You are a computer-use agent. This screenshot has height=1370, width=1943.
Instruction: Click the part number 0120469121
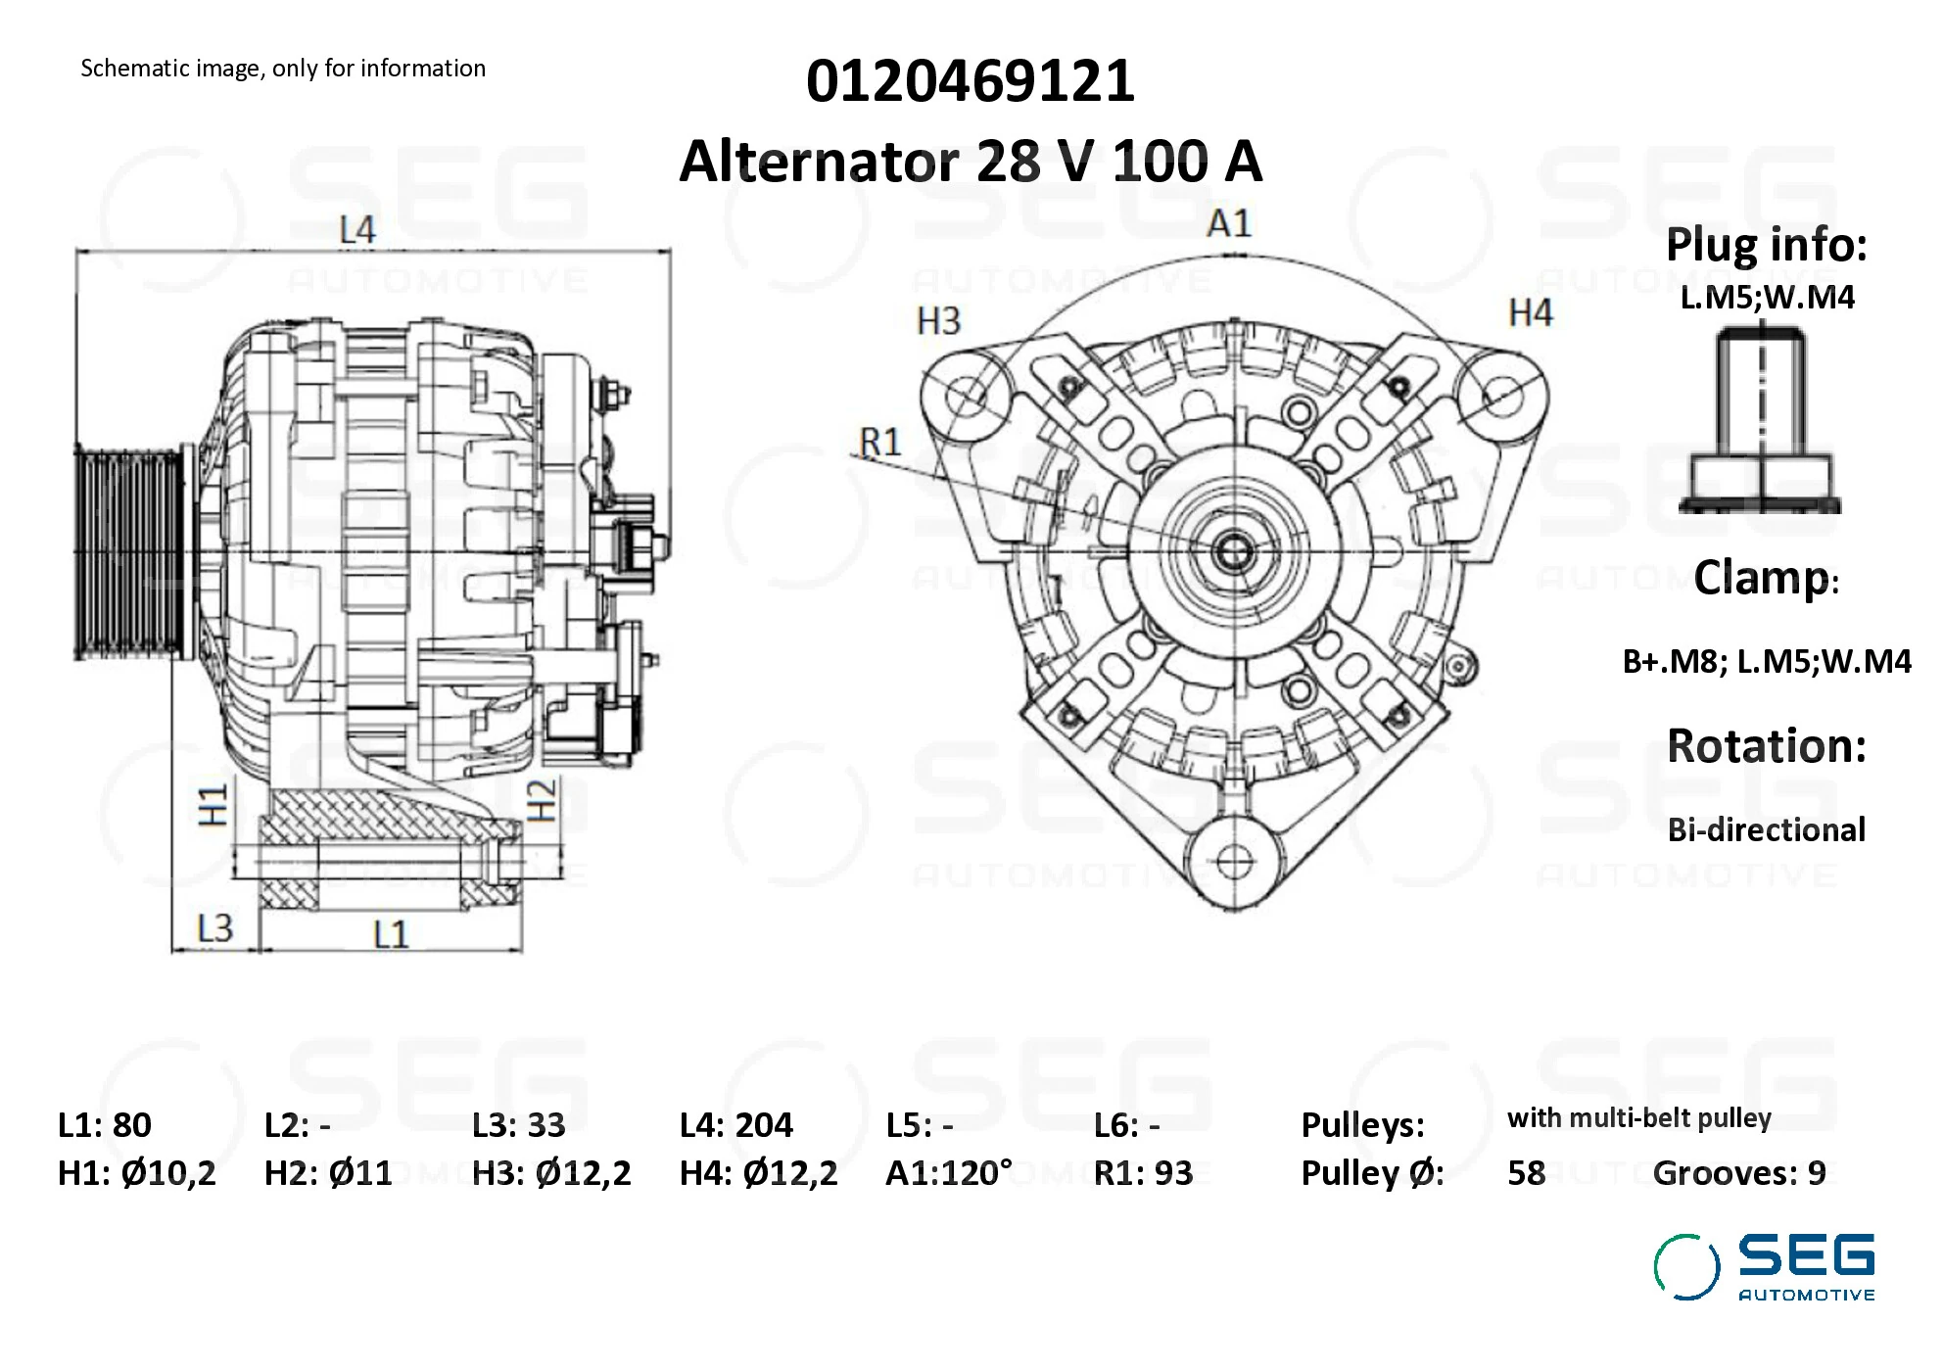pyautogui.click(x=970, y=80)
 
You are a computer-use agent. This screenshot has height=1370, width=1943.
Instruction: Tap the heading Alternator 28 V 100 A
pyautogui.click(x=970, y=162)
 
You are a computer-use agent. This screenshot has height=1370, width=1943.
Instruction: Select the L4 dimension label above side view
pyautogui.click(x=356, y=230)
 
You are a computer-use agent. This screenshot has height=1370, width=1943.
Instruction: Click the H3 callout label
pyautogui.click(x=938, y=321)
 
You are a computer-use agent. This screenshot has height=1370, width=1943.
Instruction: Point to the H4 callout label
pyautogui.click(x=1530, y=313)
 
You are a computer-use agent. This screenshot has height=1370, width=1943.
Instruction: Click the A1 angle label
pyautogui.click(x=1228, y=223)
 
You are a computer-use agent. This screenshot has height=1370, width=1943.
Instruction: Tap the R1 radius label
pyautogui.click(x=879, y=443)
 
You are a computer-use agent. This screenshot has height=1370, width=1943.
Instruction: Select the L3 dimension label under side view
pyautogui.click(x=214, y=928)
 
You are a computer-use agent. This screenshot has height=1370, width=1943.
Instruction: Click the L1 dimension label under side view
pyautogui.click(x=390, y=934)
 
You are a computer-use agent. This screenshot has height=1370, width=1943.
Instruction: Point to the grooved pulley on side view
pyautogui.click(x=127, y=553)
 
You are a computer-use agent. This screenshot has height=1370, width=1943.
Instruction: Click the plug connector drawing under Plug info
pyautogui.click(x=1761, y=421)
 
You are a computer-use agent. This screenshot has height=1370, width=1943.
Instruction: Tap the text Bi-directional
pyautogui.click(x=1766, y=830)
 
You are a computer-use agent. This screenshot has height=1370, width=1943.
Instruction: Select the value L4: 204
pyautogui.click(x=735, y=1125)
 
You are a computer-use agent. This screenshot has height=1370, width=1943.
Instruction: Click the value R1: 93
pyautogui.click(x=1143, y=1173)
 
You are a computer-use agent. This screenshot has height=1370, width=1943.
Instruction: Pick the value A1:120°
pyautogui.click(x=948, y=1173)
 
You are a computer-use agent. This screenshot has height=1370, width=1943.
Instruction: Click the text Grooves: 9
pyautogui.click(x=1738, y=1173)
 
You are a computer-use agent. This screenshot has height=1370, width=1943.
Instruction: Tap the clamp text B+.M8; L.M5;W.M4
pyautogui.click(x=1766, y=662)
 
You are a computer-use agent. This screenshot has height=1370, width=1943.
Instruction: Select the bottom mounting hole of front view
pyautogui.click(x=1232, y=863)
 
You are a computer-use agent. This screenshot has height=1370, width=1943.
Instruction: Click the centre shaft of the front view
pyautogui.click(x=1233, y=552)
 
